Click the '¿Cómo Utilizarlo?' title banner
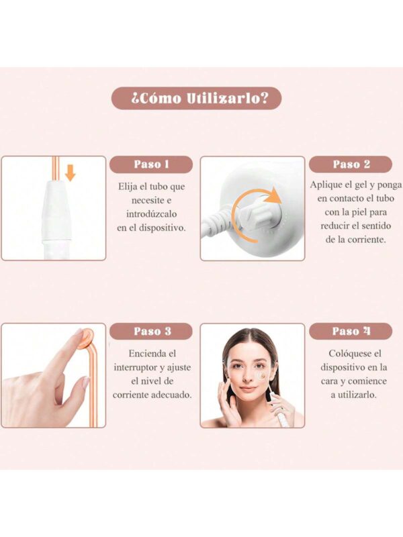(x=196, y=98)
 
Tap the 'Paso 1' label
(x=151, y=164)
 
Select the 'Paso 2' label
(x=351, y=164)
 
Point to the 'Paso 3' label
(x=151, y=331)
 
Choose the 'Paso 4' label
(x=351, y=331)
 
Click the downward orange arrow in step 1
(x=71, y=173)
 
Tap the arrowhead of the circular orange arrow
(x=273, y=197)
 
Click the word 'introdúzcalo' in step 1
(x=152, y=214)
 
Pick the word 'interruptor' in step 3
(x=136, y=367)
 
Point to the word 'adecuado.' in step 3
(x=171, y=395)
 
